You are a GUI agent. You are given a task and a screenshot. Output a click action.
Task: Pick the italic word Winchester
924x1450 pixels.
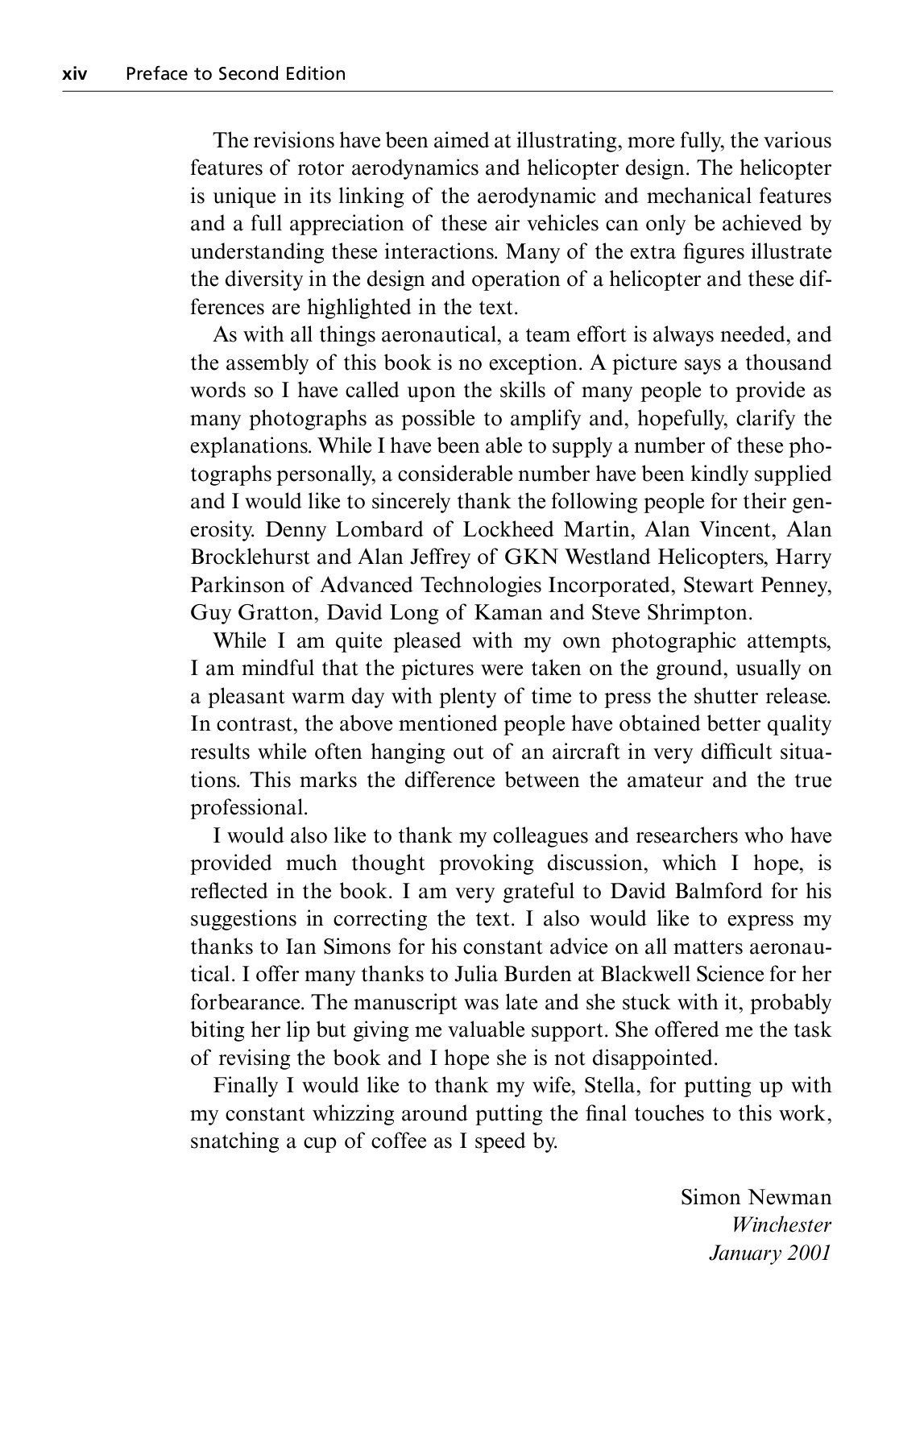(x=781, y=1225)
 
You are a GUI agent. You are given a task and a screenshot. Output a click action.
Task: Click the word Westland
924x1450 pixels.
(x=609, y=557)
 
